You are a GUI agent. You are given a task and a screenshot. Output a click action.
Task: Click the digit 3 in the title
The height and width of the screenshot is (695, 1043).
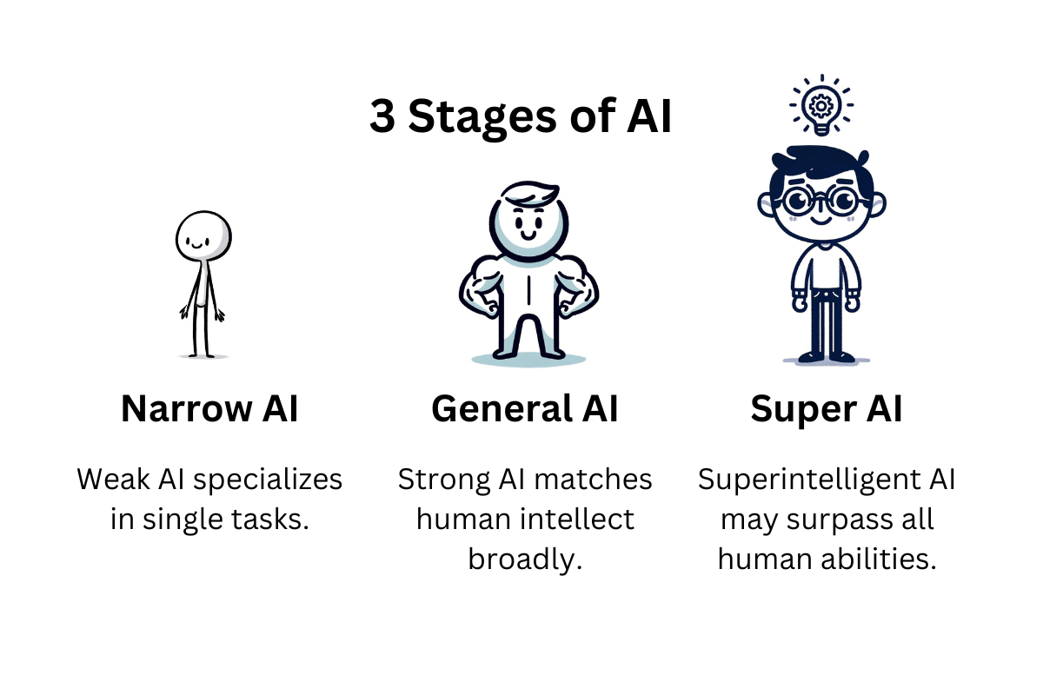pyautogui.click(x=382, y=116)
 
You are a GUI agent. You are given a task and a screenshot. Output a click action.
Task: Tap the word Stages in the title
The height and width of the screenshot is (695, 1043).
pyautogui.click(x=482, y=118)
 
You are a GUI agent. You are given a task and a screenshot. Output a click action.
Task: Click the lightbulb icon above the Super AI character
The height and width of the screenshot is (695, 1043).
pyautogui.click(x=821, y=105)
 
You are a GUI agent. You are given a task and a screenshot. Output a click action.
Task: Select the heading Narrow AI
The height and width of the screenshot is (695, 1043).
pyautogui.click(x=209, y=408)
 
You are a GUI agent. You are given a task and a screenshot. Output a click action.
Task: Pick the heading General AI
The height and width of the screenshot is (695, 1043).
pyautogui.click(x=525, y=408)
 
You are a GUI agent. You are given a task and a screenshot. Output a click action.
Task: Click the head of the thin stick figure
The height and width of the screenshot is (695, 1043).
pyautogui.click(x=203, y=236)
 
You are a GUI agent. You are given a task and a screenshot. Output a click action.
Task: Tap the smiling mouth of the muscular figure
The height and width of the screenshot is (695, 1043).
pyautogui.click(x=528, y=235)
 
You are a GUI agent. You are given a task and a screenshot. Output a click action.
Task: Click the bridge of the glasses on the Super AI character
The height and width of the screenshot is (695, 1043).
pyautogui.click(x=820, y=200)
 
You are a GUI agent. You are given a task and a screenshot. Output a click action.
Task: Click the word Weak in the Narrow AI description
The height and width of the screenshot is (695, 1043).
pyautogui.click(x=113, y=479)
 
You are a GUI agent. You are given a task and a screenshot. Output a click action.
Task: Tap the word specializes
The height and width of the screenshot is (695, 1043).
pyautogui.click(x=268, y=480)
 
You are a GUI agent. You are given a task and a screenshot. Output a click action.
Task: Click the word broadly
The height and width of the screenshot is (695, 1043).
pyautogui.click(x=525, y=559)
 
